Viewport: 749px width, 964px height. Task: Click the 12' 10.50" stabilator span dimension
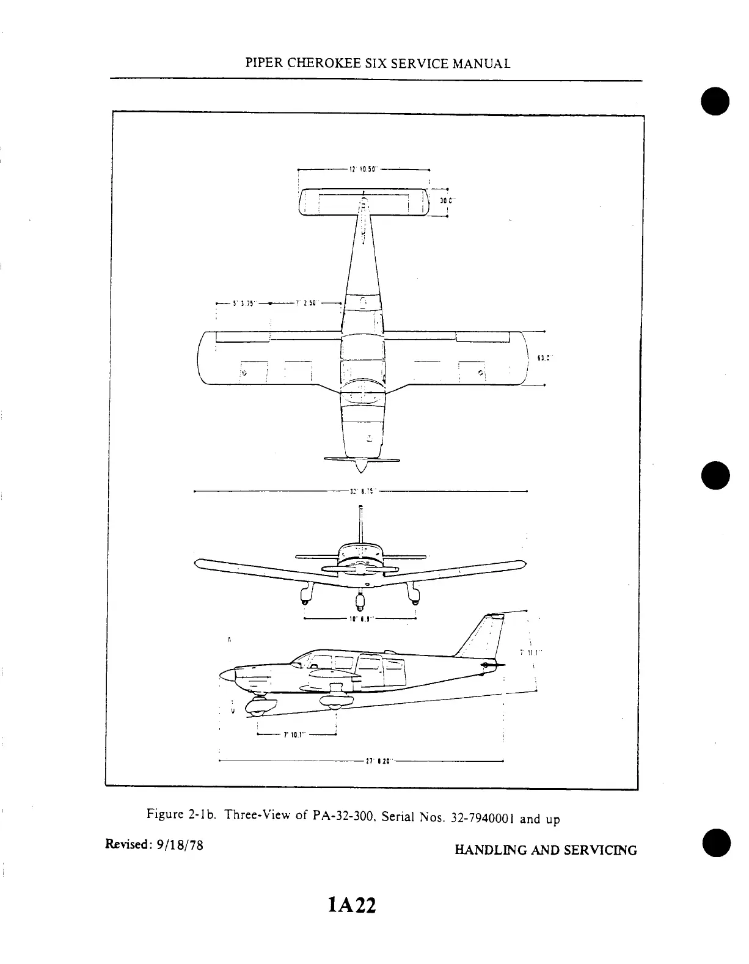click(364, 169)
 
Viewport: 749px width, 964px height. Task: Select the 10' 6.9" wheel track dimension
click(359, 619)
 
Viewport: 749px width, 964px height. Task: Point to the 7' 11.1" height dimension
click(527, 652)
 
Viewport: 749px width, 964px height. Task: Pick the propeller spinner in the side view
click(226, 675)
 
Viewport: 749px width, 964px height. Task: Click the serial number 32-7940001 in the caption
click(482, 818)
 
